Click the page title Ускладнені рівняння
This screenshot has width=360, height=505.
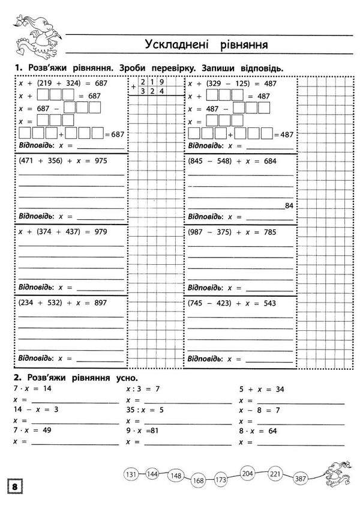click(x=205, y=45)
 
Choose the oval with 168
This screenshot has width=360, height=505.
click(x=199, y=480)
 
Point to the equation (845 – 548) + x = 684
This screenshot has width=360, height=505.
click(x=232, y=161)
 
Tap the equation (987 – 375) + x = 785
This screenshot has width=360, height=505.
click(x=232, y=232)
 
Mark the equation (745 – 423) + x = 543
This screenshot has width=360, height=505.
click(x=232, y=303)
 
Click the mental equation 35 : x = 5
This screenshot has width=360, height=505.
click(x=146, y=410)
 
